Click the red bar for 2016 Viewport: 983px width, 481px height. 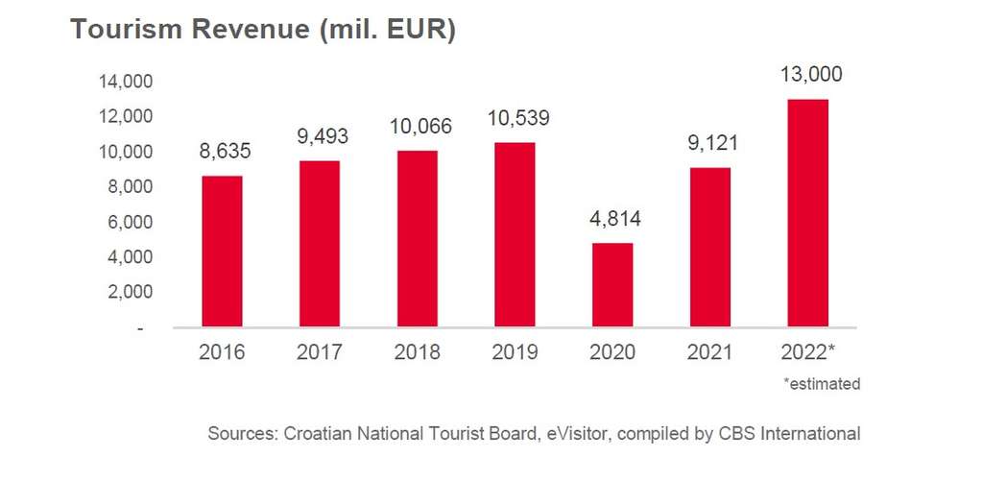coord(222,252)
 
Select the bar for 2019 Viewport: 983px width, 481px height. coord(515,235)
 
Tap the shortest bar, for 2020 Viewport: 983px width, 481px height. coord(612,285)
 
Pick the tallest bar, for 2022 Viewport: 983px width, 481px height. coord(807,213)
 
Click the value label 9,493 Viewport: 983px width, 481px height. coord(320,136)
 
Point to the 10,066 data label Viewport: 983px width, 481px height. coord(418,127)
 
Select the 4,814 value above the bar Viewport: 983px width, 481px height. coord(612,218)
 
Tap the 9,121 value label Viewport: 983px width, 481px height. coord(710,144)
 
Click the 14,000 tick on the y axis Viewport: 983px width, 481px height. coord(126,82)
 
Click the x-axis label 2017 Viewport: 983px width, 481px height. coord(320,352)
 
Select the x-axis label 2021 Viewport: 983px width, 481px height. coord(710,352)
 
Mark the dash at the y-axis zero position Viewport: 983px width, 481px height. coord(142,328)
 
